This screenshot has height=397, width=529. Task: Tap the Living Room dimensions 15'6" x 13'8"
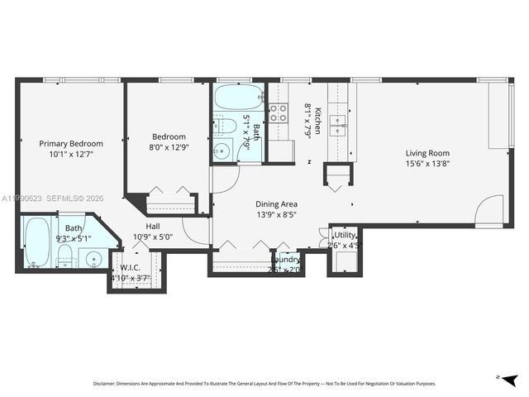pyautogui.click(x=427, y=163)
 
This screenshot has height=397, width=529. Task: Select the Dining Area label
pyautogui.click(x=276, y=203)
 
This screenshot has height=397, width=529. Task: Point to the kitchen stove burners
pyautogui.click(x=279, y=112)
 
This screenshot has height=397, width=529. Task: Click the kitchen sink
pyautogui.click(x=339, y=124)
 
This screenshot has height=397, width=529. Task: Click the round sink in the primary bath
pyautogui.click(x=93, y=259)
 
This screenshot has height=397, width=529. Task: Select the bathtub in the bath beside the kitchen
pyautogui.click(x=238, y=99)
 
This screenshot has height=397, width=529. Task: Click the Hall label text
pyautogui.click(x=153, y=226)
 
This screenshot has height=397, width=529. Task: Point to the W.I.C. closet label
pyautogui.click(x=129, y=267)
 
